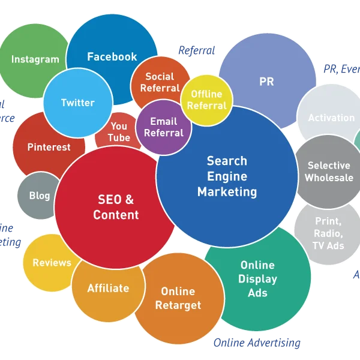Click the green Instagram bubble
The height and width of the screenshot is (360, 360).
[35, 59]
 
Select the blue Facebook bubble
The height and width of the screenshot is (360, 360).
[112, 56]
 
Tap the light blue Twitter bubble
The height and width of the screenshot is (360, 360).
[78, 103]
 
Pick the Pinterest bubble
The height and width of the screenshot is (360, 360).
[49, 147]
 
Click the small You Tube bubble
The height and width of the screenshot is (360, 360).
[118, 131]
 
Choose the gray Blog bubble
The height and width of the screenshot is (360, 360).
[39, 196]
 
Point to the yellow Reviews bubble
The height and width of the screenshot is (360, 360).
[52, 263]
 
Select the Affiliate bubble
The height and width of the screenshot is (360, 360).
[108, 288]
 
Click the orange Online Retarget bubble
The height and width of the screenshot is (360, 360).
[178, 298]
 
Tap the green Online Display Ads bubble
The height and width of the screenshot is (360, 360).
[257, 278]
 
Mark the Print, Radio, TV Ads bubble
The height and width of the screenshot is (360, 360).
[328, 233]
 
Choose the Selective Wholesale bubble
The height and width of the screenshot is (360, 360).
[328, 171]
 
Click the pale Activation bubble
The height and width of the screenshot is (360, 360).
[331, 118]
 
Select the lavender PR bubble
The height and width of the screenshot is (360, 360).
[266, 82]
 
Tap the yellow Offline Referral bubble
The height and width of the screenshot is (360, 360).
[206, 100]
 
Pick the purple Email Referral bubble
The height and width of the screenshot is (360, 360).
[163, 127]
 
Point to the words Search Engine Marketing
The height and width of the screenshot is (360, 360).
[227, 176]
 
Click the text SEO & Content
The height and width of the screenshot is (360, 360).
[116, 207]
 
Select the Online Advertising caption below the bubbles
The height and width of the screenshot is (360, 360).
[257, 343]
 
